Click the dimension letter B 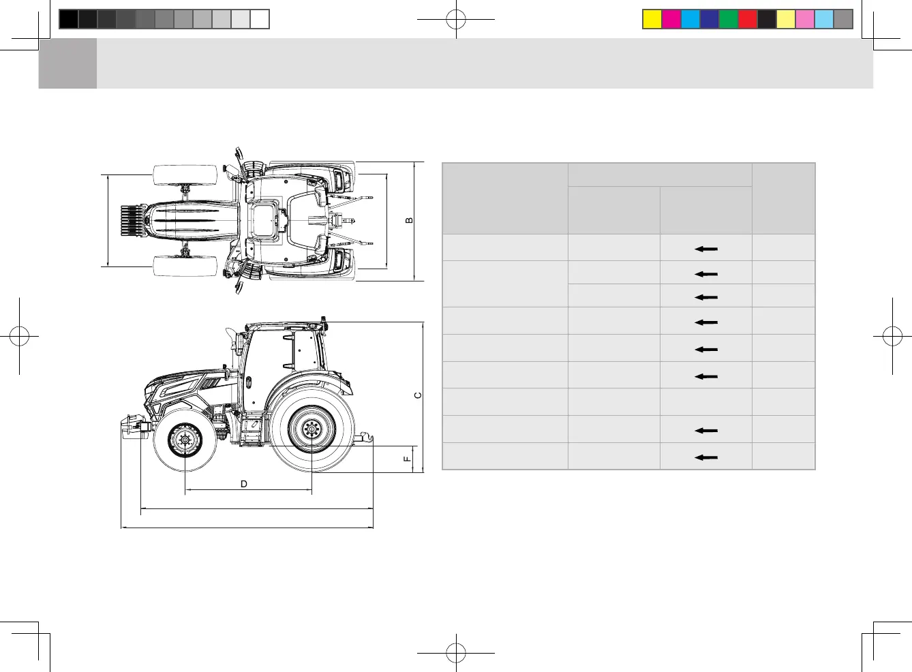[409, 221]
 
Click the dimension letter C [418, 395]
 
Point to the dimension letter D [244, 484]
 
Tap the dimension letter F [407, 459]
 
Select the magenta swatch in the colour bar [671, 19]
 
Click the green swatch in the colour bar [729, 19]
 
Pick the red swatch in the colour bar [748, 19]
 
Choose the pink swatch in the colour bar [805, 19]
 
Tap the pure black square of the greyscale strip [69, 19]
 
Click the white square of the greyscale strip [259, 19]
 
